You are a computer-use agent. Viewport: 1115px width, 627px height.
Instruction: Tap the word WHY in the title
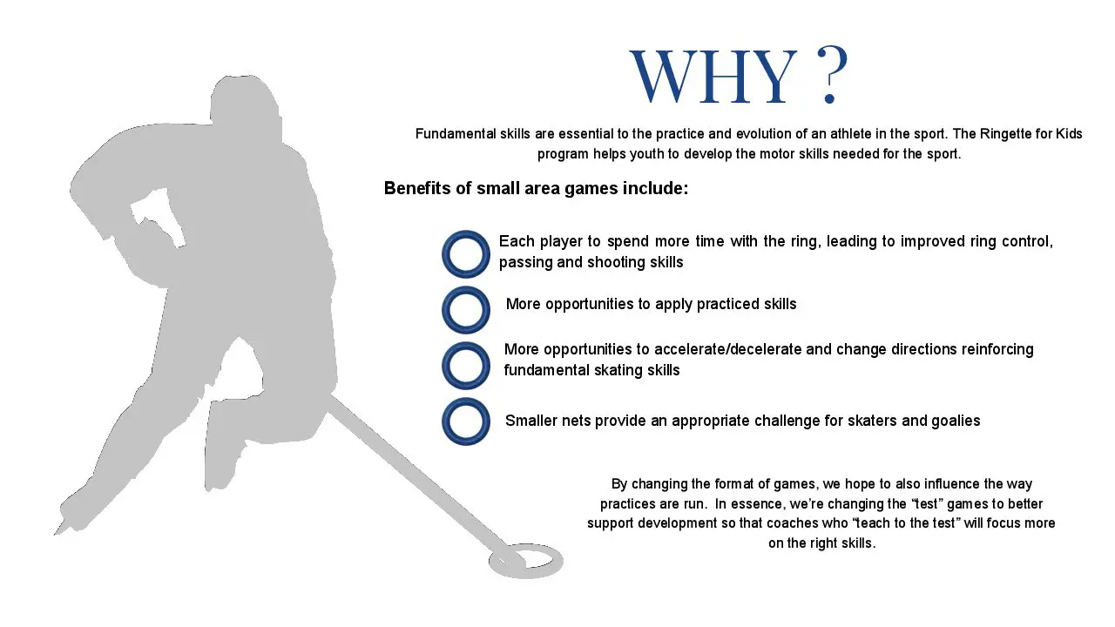pyautogui.click(x=713, y=77)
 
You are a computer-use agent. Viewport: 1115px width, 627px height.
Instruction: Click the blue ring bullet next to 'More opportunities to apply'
pyautogui.click(x=465, y=309)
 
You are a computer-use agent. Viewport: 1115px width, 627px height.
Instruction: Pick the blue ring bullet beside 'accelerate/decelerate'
pyautogui.click(x=465, y=365)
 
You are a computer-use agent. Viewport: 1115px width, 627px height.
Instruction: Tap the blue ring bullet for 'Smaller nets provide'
pyautogui.click(x=465, y=421)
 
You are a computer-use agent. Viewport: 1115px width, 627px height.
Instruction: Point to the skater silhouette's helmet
pyautogui.click(x=244, y=99)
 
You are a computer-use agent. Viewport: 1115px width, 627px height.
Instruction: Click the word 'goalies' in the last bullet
pyautogui.click(x=956, y=421)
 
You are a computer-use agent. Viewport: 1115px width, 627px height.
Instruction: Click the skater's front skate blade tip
pyautogui.click(x=56, y=534)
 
